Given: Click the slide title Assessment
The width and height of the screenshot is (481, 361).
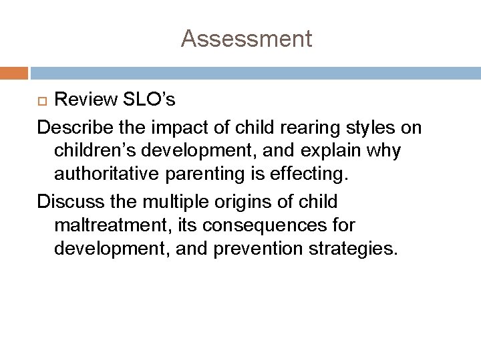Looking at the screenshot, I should pos(246,39).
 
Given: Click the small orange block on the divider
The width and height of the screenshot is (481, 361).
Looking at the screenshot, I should pos(14,72).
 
